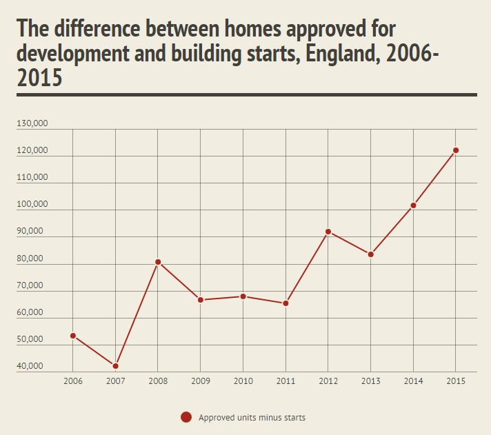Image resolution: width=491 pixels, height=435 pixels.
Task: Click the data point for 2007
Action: (x=116, y=365)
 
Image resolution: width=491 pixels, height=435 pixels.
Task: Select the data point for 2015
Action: (x=456, y=150)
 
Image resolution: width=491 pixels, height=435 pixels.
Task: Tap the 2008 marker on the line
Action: (x=158, y=262)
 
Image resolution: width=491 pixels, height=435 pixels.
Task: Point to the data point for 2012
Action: (x=328, y=232)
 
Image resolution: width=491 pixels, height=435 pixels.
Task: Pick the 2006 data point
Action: (x=73, y=336)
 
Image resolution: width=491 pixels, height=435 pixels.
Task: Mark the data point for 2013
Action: (x=371, y=254)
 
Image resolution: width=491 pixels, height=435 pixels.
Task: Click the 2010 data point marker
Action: (x=243, y=296)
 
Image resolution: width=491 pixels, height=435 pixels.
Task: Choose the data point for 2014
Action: (x=413, y=205)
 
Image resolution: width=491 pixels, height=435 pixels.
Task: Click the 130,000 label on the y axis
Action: (x=32, y=124)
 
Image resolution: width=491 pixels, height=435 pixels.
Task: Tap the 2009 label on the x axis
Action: (x=201, y=381)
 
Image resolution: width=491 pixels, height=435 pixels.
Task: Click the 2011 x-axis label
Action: (x=285, y=381)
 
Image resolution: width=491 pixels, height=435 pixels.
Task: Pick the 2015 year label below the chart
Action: (x=456, y=381)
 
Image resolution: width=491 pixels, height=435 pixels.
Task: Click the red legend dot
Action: (x=186, y=417)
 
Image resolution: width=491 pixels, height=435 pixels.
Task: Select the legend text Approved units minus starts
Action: (x=252, y=417)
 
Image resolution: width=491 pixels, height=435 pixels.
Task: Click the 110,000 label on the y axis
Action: (x=32, y=178)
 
